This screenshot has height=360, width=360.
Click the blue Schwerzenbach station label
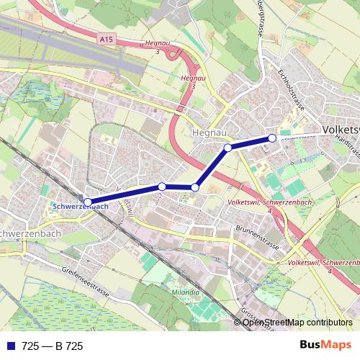coord(81,206)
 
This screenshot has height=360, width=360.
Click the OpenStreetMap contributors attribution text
coord(297,322)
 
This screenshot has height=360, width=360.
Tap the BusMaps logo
coord(325,346)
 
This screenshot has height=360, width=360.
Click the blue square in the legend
coord(9,346)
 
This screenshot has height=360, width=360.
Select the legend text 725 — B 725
coord(53,346)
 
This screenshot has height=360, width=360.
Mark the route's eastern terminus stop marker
coord(272,138)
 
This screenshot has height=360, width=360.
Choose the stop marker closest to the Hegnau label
coord(228,148)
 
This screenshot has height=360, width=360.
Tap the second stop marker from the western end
coord(162,186)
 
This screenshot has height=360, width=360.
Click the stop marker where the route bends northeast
coord(195,187)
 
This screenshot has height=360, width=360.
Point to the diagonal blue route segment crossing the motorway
coord(212,167)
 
